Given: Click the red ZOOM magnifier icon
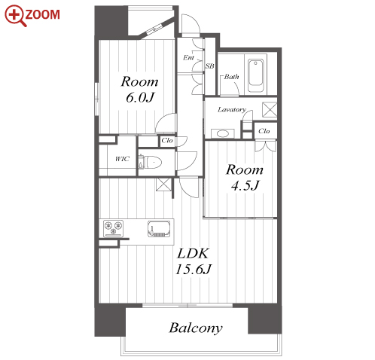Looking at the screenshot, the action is [x=15, y=16].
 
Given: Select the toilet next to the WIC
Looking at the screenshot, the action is [x=150, y=163].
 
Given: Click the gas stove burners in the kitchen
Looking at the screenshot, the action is [x=114, y=228].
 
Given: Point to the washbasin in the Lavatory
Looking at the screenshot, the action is [x=222, y=133].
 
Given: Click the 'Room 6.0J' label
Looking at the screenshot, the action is [x=139, y=90].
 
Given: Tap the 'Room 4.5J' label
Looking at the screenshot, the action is [x=245, y=178].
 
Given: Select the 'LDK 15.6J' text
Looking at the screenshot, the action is [x=193, y=261].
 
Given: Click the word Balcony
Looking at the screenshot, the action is [x=196, y=328].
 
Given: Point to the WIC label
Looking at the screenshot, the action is [x=122, y=159].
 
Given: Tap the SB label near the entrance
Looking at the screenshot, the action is [x=210, y=66].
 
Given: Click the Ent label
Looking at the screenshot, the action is [x=188, y=57].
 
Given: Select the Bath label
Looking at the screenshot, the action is [x=231, y=77].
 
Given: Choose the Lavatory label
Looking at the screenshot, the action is [x=232, y=110].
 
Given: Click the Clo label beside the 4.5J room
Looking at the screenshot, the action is [x=264, y=131].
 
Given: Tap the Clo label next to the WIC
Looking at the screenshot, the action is [x=167, y=140].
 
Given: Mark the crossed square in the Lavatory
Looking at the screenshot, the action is [x=270, y=110].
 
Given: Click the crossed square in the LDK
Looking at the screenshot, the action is [x=163, y=185].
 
